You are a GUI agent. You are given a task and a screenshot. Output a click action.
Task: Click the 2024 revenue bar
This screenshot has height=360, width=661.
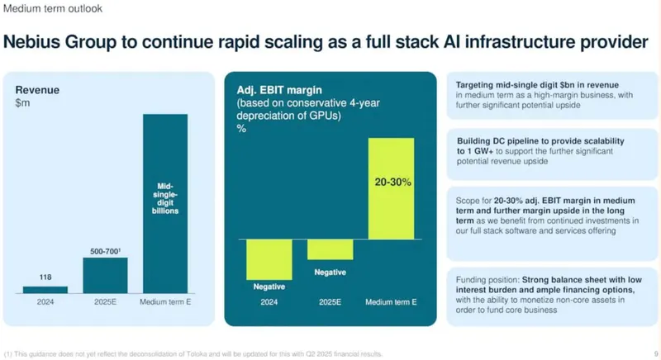45,289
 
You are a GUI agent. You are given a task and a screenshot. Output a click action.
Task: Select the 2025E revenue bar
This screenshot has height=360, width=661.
105,275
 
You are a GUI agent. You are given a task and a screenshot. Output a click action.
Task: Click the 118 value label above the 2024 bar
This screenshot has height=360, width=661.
45,277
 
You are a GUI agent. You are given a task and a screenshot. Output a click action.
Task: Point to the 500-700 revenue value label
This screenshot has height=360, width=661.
105,249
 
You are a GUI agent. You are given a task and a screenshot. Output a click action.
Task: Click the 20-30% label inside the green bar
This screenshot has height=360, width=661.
391,181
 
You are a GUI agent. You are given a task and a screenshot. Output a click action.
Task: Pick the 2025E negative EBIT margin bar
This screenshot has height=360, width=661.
330,249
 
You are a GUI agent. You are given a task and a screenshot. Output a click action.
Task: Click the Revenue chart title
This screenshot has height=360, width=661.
38,90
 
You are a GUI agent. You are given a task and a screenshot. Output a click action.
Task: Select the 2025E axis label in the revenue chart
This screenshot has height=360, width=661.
105,301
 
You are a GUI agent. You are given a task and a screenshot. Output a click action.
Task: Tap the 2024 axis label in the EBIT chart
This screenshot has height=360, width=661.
269,302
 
